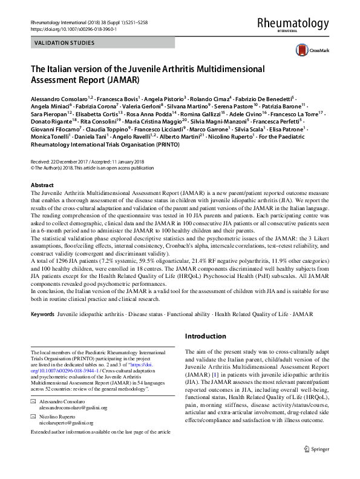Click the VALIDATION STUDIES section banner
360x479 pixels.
point(65,43)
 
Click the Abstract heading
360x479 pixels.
point(42,185)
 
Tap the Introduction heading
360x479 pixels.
point(206,336)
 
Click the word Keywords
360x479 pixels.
point(42,315)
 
